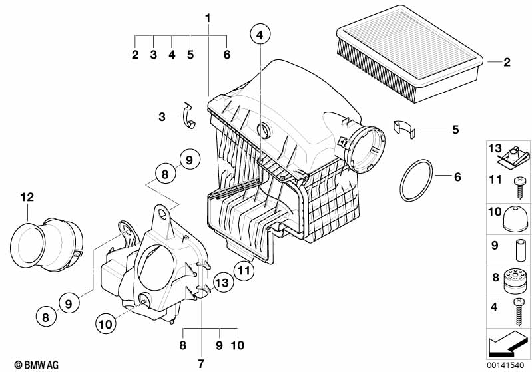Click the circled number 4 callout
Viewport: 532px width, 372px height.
pyautogui.click(x=259, y=34)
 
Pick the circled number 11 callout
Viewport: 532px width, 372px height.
pyautogui.click(x=244, y=270)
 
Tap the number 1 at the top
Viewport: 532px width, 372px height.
pyautogui.click(x=208, y=16)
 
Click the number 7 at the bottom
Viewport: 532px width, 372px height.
pyautogui.click(x=200, y=363)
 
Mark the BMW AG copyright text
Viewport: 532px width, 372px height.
pyautogui.click(x=32, y=363)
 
